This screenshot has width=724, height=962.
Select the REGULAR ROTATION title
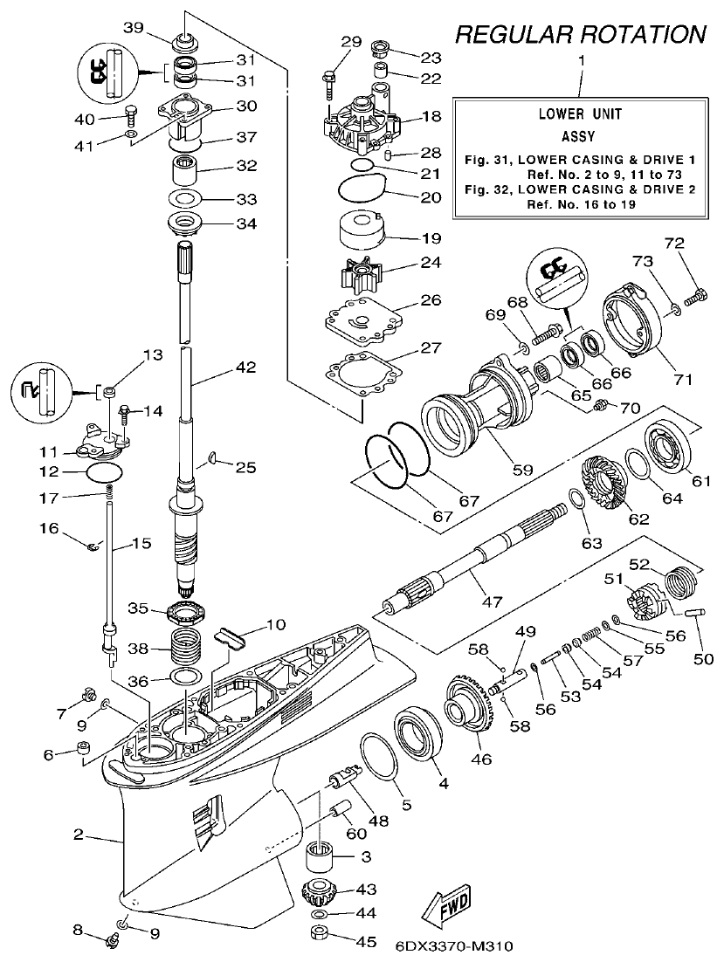(x=580, y=34)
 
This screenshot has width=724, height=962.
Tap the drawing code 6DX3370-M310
(x=453, y=946)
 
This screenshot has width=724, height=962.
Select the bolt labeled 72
(x=696, y=296)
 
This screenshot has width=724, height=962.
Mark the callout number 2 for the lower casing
(x=78, y=835)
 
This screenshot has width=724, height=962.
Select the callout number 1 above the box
(x=582, y=62)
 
